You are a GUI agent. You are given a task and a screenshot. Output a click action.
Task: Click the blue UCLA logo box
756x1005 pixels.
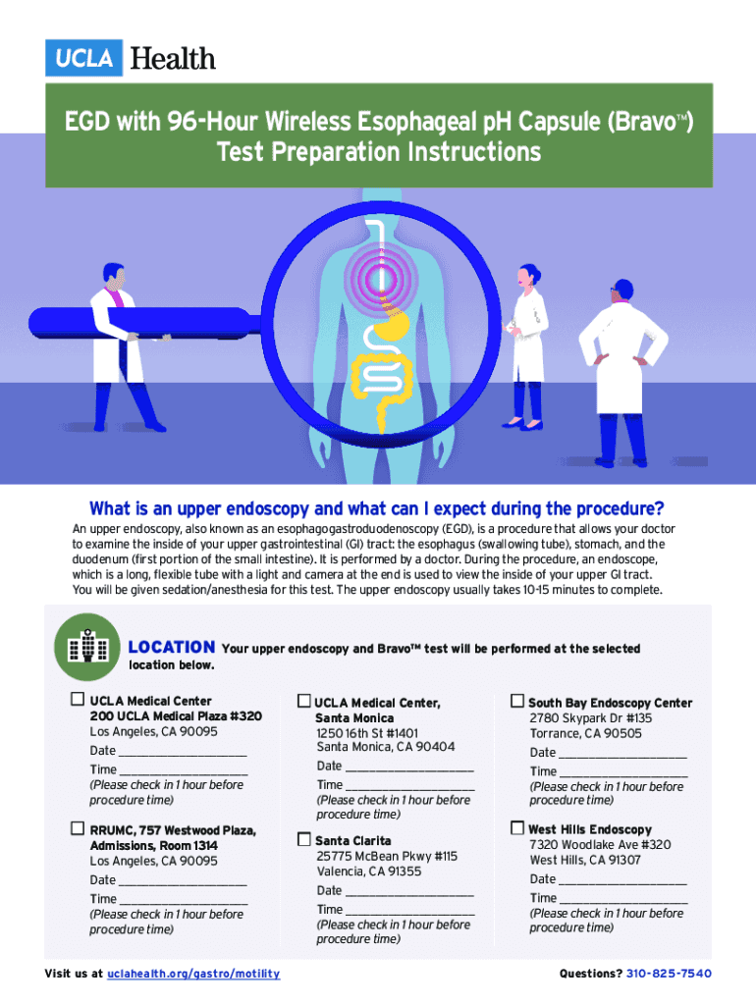(x=83, y=58)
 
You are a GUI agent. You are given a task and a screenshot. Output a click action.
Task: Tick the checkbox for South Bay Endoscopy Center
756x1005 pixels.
(x=516, y=701)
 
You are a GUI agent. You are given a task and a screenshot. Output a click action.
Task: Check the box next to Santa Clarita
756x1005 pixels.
(x=304, y=839)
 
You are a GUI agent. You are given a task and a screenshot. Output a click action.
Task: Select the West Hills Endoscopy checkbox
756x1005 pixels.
(x=516, y=828)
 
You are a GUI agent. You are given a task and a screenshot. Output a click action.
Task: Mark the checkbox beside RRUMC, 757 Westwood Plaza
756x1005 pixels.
(x=77, y=828)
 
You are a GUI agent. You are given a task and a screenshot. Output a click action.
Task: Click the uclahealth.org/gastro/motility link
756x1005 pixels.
(x=193, y=974)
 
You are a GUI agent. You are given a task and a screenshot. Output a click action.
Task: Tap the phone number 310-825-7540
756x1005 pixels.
(x=669, y=974)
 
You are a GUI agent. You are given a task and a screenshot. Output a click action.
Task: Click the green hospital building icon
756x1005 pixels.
(x=87, y=647)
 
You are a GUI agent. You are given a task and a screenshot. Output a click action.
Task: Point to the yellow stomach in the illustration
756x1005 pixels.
(x=392, y=326)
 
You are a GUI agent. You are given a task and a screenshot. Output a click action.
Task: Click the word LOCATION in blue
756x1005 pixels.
(x=172, y=648)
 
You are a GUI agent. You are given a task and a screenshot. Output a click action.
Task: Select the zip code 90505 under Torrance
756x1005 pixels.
(x=622, y=733)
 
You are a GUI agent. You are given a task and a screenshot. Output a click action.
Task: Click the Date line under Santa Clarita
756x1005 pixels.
(x=409, y=895)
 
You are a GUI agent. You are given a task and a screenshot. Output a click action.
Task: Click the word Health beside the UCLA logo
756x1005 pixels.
(x=173, y=58)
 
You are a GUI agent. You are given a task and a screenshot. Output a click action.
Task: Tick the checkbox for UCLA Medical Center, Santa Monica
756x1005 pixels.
(x=304, y=701)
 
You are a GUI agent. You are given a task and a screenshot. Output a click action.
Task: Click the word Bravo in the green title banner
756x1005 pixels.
(x=645, y=121)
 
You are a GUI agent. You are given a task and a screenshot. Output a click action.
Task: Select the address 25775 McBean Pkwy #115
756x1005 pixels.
(x=387, y=856)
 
